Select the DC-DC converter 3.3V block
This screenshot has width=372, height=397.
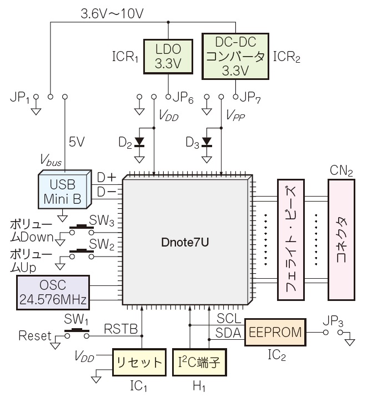[235, 57]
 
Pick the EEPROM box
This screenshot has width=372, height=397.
[275, 333]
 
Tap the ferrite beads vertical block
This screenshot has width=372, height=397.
[292, 239]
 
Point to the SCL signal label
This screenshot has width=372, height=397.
[228, 319]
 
